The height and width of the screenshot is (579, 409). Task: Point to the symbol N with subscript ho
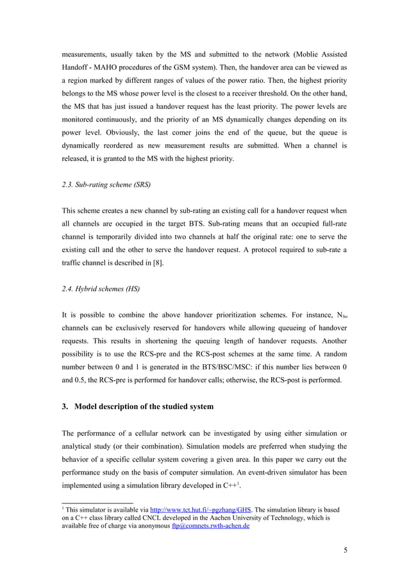click(340, 316)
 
